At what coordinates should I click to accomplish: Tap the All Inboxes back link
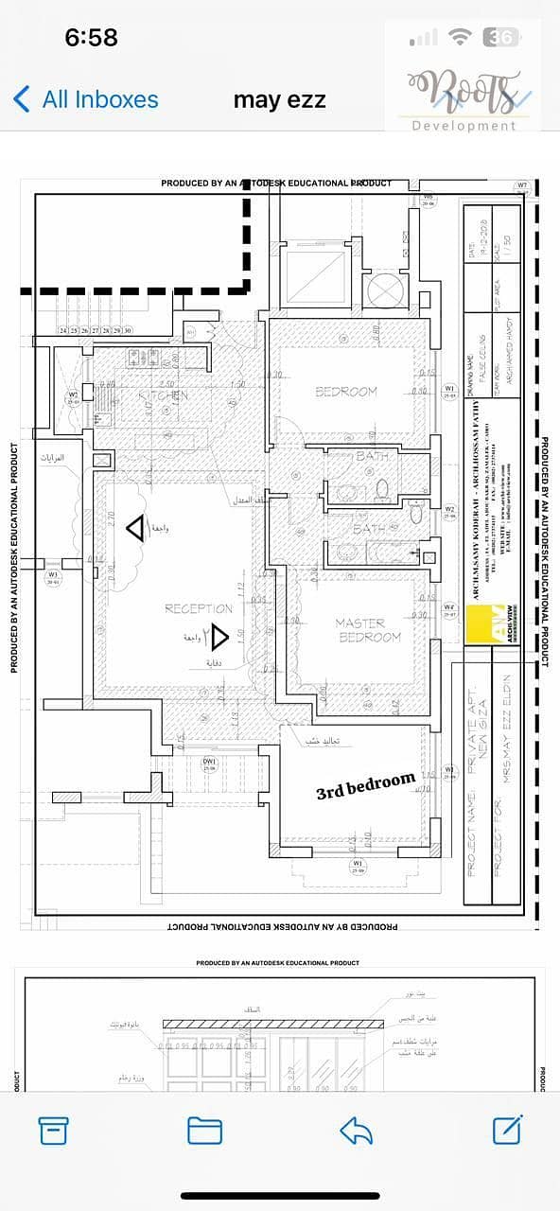85,99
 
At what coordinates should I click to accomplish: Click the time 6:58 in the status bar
91,37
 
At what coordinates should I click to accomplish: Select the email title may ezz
279,99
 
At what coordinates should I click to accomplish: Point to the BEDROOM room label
345,391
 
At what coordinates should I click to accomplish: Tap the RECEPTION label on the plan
199,608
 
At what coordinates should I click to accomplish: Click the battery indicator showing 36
502,37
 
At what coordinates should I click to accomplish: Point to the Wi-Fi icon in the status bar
461,37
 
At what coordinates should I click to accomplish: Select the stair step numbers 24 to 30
95,330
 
